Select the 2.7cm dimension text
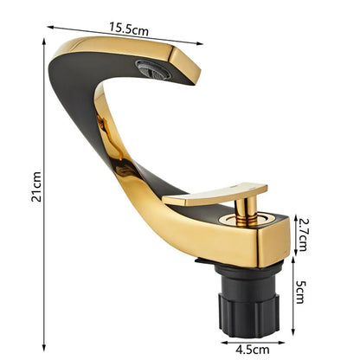pyautogui.click(x=301, y=232)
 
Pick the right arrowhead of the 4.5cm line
pyautogui.click(x=284, y=341)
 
